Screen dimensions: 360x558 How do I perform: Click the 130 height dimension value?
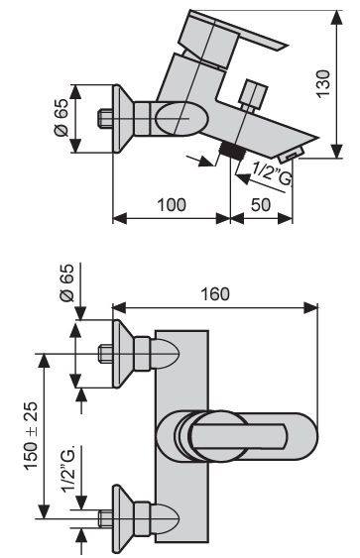(x=323, y=83)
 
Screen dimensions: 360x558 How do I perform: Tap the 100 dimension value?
(x=172, y=205)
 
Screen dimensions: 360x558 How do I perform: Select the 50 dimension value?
(x=261, y=205)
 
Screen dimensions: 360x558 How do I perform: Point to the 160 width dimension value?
(x=215, y=294)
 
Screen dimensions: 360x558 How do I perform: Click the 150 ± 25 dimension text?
(x=31, y=436)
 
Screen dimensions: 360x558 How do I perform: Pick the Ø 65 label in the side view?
(x=60, y=117)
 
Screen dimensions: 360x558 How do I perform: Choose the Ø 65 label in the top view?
(x=66, y=282)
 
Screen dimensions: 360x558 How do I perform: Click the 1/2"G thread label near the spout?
(x=272, y=173)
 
